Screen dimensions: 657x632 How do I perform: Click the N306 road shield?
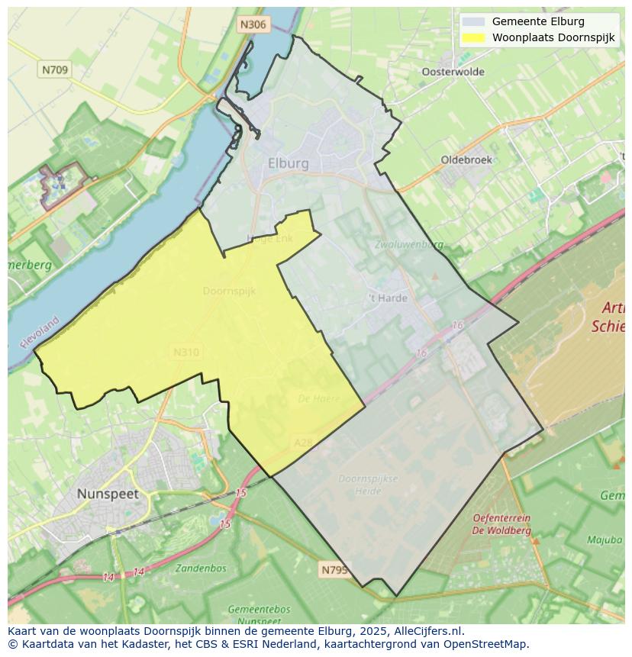(253, 24)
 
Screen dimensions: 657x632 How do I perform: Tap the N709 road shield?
(54, 69)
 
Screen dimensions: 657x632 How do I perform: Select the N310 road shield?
(186, 352)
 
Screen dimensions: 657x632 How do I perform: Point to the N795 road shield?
(334, 569)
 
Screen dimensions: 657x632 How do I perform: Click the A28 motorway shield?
(303, 443)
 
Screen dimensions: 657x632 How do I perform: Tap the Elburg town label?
(289, 163)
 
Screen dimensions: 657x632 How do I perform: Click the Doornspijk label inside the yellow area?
(229, 291)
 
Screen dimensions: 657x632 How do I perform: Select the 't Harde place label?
(388, 298)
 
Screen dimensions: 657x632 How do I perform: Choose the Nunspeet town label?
(108, 494)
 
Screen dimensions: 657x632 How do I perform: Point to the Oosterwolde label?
(453, 72)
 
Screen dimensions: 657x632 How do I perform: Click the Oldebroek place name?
(466, 160)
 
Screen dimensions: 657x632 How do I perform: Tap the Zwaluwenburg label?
(409, 245)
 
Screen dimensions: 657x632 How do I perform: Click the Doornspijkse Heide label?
(368, 485)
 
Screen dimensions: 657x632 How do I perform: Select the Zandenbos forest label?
(200, 568)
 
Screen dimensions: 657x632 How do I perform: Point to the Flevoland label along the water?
(40, 333)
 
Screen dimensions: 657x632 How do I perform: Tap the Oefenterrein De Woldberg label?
(501, 523)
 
